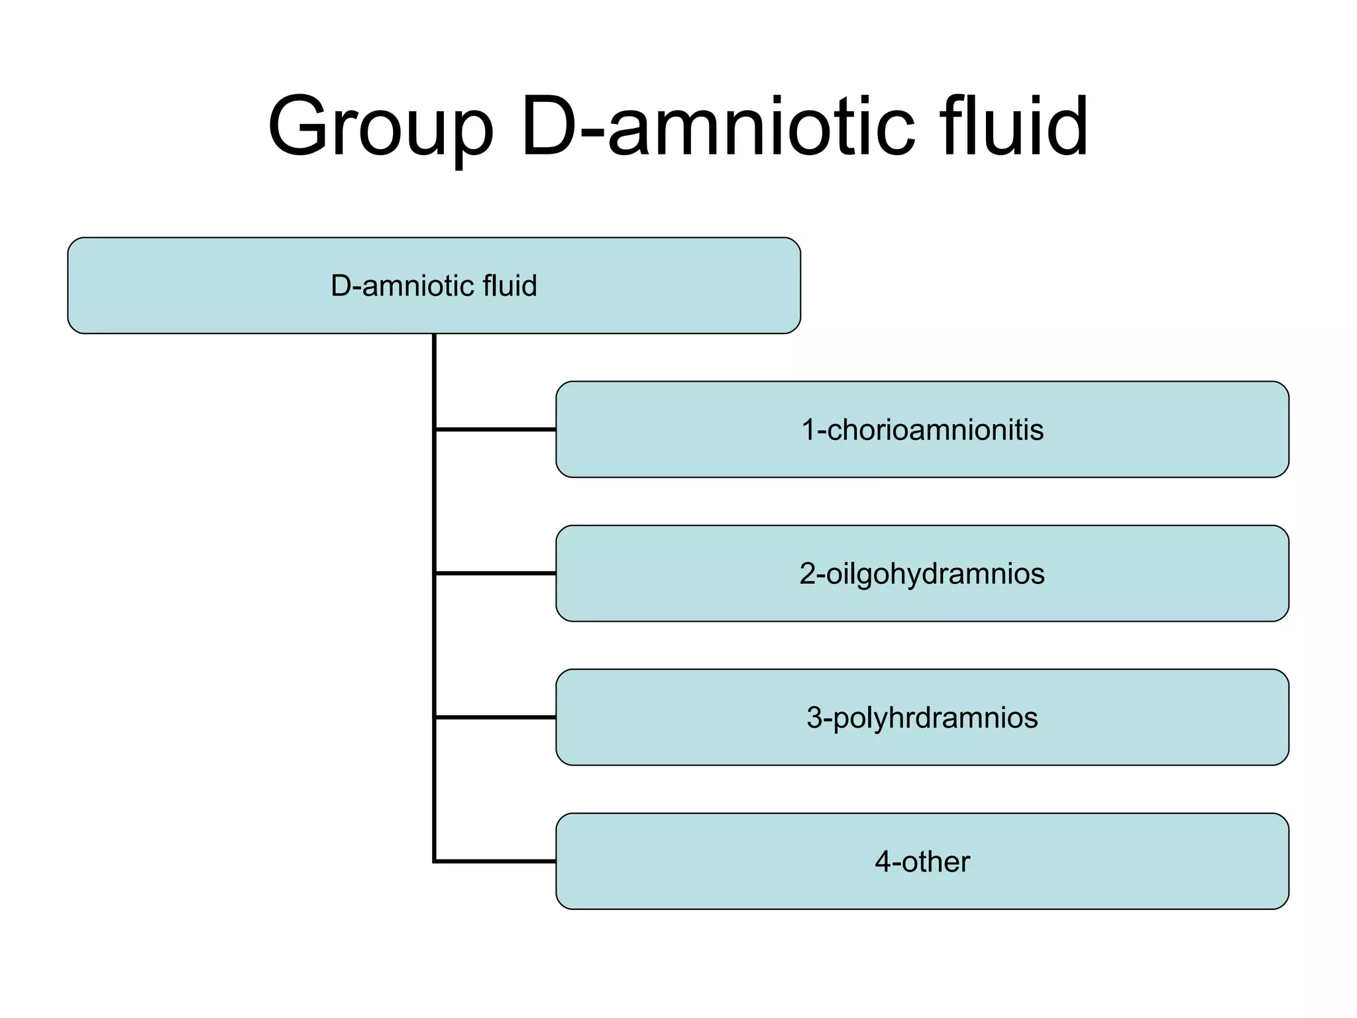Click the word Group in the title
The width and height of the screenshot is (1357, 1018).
click(x=381, y=127)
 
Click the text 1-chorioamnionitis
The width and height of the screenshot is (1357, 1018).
click(x=922, y=429)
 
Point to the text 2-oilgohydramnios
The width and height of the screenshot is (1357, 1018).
click(x=922, y=573)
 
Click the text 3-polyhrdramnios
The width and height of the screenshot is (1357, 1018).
click(x=922, y=718)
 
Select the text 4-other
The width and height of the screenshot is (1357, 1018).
click(x=922, y=862)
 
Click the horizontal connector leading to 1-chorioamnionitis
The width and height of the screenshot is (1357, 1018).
click(x=495, y=429)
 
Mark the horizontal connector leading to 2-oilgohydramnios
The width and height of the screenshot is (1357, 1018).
click(x=495, y=573)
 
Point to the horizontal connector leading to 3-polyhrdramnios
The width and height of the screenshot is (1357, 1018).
click(x=495, y=717)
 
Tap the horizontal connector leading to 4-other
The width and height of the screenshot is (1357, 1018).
click(x=495, y=861)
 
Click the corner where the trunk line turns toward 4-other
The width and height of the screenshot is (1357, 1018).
click(x=435, y=861)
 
